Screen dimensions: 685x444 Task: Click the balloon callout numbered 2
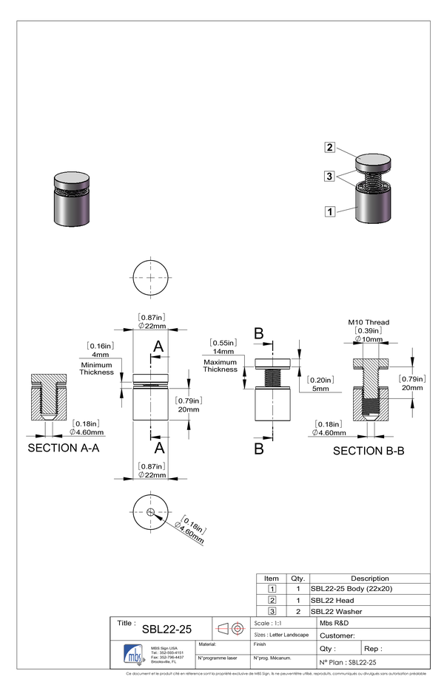tap(329, 146)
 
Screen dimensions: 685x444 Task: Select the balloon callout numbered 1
tap(329, 211)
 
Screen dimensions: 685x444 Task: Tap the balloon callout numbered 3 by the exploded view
tap(329, 176)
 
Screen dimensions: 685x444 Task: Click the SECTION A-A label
tap(63, 448)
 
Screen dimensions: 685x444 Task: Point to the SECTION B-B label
tap(369, 451)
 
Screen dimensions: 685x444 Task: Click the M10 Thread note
tap(369, 322)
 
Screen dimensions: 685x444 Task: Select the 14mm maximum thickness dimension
tap(221, 352)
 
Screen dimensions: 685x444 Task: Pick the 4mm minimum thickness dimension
tap(101, 355)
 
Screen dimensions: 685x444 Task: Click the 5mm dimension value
tap(320, 389)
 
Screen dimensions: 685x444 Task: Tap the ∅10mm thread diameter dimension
tap(369, 339)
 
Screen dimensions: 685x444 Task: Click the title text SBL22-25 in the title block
tap(166, 629)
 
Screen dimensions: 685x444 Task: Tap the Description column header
tap(369, 578)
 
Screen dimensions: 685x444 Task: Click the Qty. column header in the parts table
tap(297, 578)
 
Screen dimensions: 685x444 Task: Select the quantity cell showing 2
tap(297, 611)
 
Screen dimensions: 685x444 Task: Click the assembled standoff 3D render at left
tap(71, 198)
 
